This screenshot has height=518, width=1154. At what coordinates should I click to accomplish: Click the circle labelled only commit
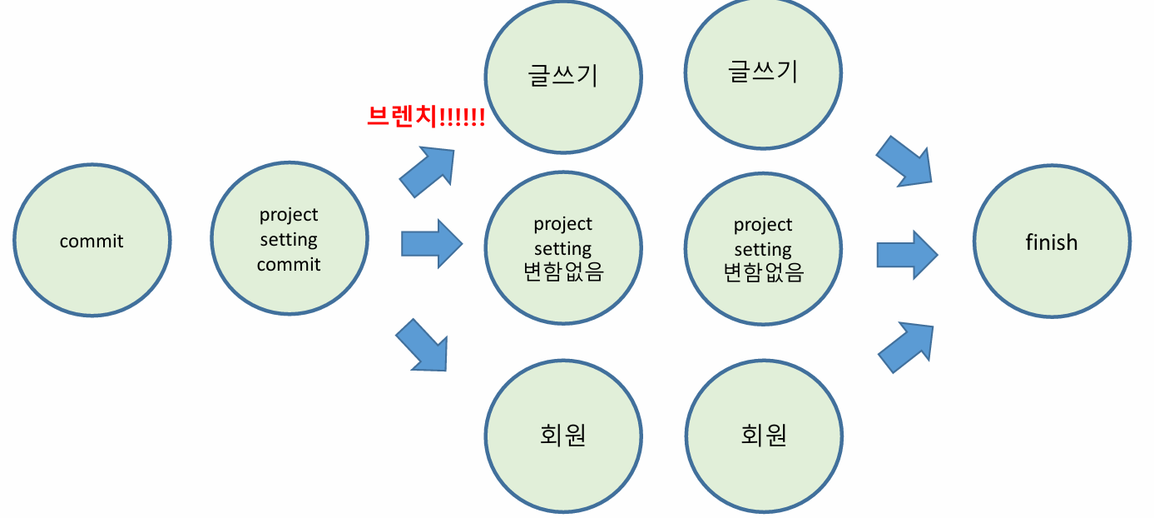click(x=92, y=240)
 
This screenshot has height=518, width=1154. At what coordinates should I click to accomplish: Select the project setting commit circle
click(x=289, y=240)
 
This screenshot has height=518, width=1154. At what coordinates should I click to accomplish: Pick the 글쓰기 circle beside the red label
click(x=563, y=76)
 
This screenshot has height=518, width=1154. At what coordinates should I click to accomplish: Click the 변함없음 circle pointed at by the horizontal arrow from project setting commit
click(x=563, y=247)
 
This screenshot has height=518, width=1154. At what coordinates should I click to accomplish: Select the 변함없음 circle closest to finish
click(x=763, y=249)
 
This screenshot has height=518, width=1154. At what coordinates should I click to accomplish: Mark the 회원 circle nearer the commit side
click(x=563, y=436)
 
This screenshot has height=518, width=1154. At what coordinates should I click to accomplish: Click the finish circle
click(x=1052, y=242)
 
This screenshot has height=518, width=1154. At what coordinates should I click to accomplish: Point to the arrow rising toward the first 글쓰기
click(x=429, y=171)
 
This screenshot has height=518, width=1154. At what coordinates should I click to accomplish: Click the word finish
click(x=1052, y=242)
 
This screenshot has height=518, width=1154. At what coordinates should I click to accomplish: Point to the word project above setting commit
click(x=289, y=215)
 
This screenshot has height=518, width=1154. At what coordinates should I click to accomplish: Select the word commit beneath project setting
click(x=289, y=265)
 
